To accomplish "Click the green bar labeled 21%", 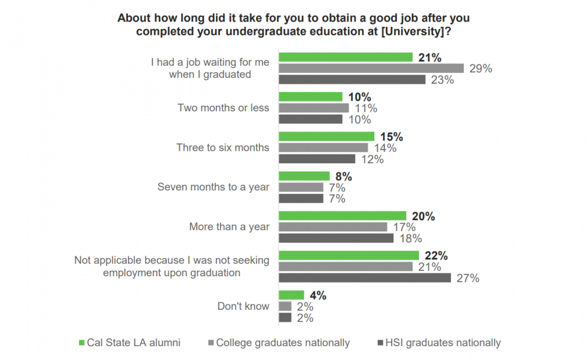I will click(346, 57).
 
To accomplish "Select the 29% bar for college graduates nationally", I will click(371, 68).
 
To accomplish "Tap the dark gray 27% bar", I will click(365, 277).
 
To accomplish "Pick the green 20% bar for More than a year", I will click(343, 216).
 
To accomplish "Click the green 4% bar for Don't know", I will click(291, 295).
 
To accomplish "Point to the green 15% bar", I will click(326, 137).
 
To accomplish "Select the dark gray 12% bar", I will click(317, 159).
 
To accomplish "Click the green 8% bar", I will click(304, 176).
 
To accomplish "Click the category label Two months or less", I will click(223, 108).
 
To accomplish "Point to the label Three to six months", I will click(222, 147).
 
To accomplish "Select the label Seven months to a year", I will click(213, 187).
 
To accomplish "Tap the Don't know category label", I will click(243, 306).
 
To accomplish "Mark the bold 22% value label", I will click(436, 256).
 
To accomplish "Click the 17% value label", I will click(404, 227).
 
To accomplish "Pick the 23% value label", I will click(442, 80).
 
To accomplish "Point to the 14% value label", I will click(385, 148).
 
